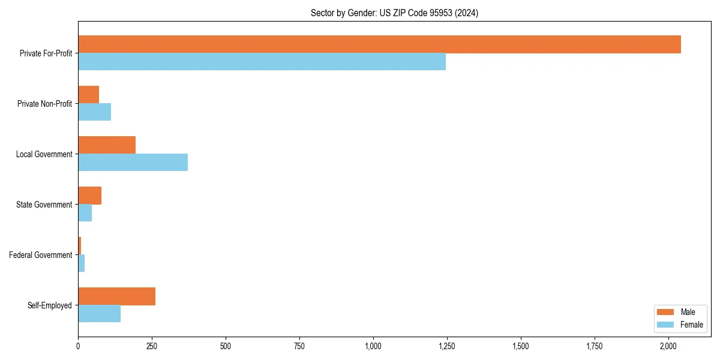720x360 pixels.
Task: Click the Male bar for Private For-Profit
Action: tap(379, 44)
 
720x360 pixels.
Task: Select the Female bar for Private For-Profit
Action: tap(262, 62)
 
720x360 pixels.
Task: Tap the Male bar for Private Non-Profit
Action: tap(88, 95)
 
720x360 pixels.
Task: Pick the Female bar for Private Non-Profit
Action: tap(94, 112)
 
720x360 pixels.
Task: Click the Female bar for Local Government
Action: tap(133, 163)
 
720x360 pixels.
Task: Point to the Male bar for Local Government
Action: tap(107, 145)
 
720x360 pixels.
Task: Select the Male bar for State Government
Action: tap(89, 196)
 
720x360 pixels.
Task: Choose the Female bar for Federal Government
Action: tap(81, 263)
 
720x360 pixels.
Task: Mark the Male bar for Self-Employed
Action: tap(116, 296)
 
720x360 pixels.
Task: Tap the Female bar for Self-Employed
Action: tap(99, 314)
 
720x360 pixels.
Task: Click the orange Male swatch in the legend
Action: tap(666, 312)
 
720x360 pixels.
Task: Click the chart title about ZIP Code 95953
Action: tap(394, 13)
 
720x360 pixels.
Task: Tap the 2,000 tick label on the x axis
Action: tap(668, 346)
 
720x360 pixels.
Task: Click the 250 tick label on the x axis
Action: tap(152, 346)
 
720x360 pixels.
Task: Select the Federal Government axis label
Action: tap(40, 255)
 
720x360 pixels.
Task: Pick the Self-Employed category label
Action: tap(49, 305)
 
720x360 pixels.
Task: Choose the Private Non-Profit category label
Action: tap(44, 104)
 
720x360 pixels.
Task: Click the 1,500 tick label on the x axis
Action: tap(521, 346)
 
